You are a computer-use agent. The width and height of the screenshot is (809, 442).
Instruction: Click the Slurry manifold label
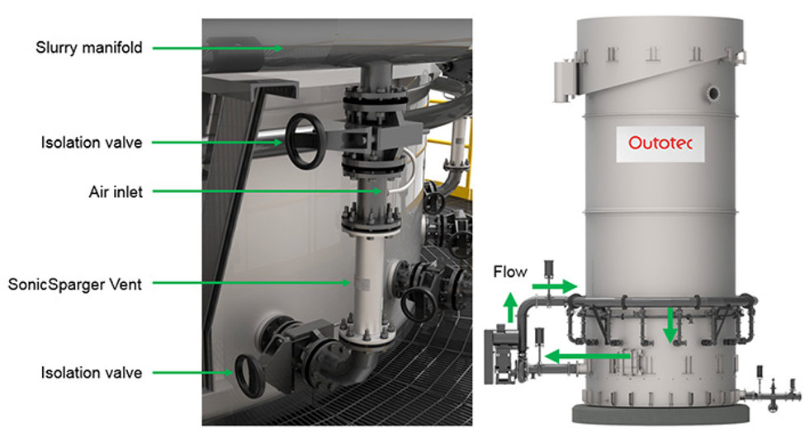tap(89, 48)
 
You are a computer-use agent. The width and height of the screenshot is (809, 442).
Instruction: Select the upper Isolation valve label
tap(92, 143)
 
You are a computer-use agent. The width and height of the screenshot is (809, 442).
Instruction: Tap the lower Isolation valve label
tap(92, 373)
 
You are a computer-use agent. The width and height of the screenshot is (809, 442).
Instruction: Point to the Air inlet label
tap(116, 192)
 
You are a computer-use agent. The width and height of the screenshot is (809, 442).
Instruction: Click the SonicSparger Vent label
tap(75, 284)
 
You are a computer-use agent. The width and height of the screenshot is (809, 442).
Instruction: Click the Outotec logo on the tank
tap(660, 143)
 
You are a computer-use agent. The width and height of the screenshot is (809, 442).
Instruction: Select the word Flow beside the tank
tap(510, 271)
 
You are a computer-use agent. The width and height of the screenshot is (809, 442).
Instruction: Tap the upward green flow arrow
tap(510, 307)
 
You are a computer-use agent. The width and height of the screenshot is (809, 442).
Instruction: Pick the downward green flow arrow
tap(669, 325)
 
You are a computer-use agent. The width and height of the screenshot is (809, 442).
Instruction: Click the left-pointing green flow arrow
tap(588, 356)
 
